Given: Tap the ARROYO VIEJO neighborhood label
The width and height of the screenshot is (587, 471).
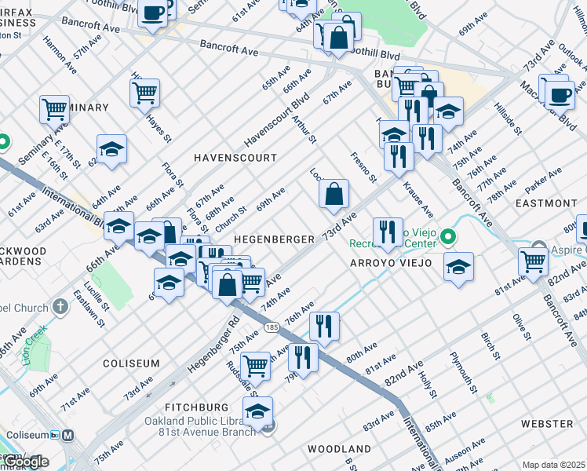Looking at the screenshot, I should [390, 262].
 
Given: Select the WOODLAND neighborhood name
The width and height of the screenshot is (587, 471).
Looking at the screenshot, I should [339, 449].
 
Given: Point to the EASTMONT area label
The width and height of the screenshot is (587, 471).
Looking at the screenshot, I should [548, 203].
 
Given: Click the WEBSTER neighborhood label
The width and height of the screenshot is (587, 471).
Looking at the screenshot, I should [547, 424].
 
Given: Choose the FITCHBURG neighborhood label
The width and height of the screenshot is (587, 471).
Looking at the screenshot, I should [196, 407].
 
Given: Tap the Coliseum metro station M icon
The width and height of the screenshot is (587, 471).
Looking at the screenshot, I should [67, 435].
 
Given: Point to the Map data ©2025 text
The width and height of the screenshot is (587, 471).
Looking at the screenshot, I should [553, 465].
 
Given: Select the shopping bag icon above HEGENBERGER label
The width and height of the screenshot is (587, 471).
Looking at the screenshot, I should [334, 192].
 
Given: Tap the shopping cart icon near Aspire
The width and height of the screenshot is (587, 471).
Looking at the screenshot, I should [534, 261].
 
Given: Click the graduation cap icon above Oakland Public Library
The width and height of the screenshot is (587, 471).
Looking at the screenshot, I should [257, 411].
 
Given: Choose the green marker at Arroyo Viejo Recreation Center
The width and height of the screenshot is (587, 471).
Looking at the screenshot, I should [447, 235].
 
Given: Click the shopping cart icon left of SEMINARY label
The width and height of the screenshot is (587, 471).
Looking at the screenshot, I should [54, 108].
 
